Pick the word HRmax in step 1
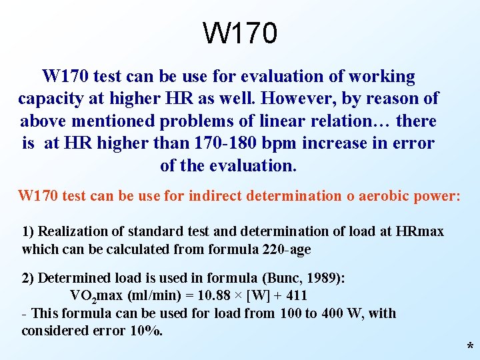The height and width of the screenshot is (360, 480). click(419, 231)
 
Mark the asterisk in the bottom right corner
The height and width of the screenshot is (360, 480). click(471, 347)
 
